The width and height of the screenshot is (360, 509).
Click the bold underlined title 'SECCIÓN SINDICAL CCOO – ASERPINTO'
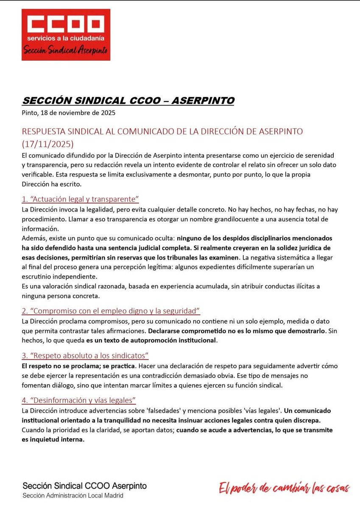tap(128, 101)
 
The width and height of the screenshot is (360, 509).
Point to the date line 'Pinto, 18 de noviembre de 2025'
tap(68, 113)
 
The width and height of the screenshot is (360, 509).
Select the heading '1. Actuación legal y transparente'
tap(80, 199)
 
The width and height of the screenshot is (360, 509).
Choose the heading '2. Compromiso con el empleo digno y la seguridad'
tap(111, 311)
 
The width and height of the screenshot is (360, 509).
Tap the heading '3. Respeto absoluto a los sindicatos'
tap(85, 355)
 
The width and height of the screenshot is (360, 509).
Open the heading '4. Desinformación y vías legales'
tap(79, 400)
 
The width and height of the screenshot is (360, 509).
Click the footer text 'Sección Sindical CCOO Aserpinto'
tap(84, 486)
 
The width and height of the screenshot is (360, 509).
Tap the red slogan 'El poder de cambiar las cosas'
tap(284, 488)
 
